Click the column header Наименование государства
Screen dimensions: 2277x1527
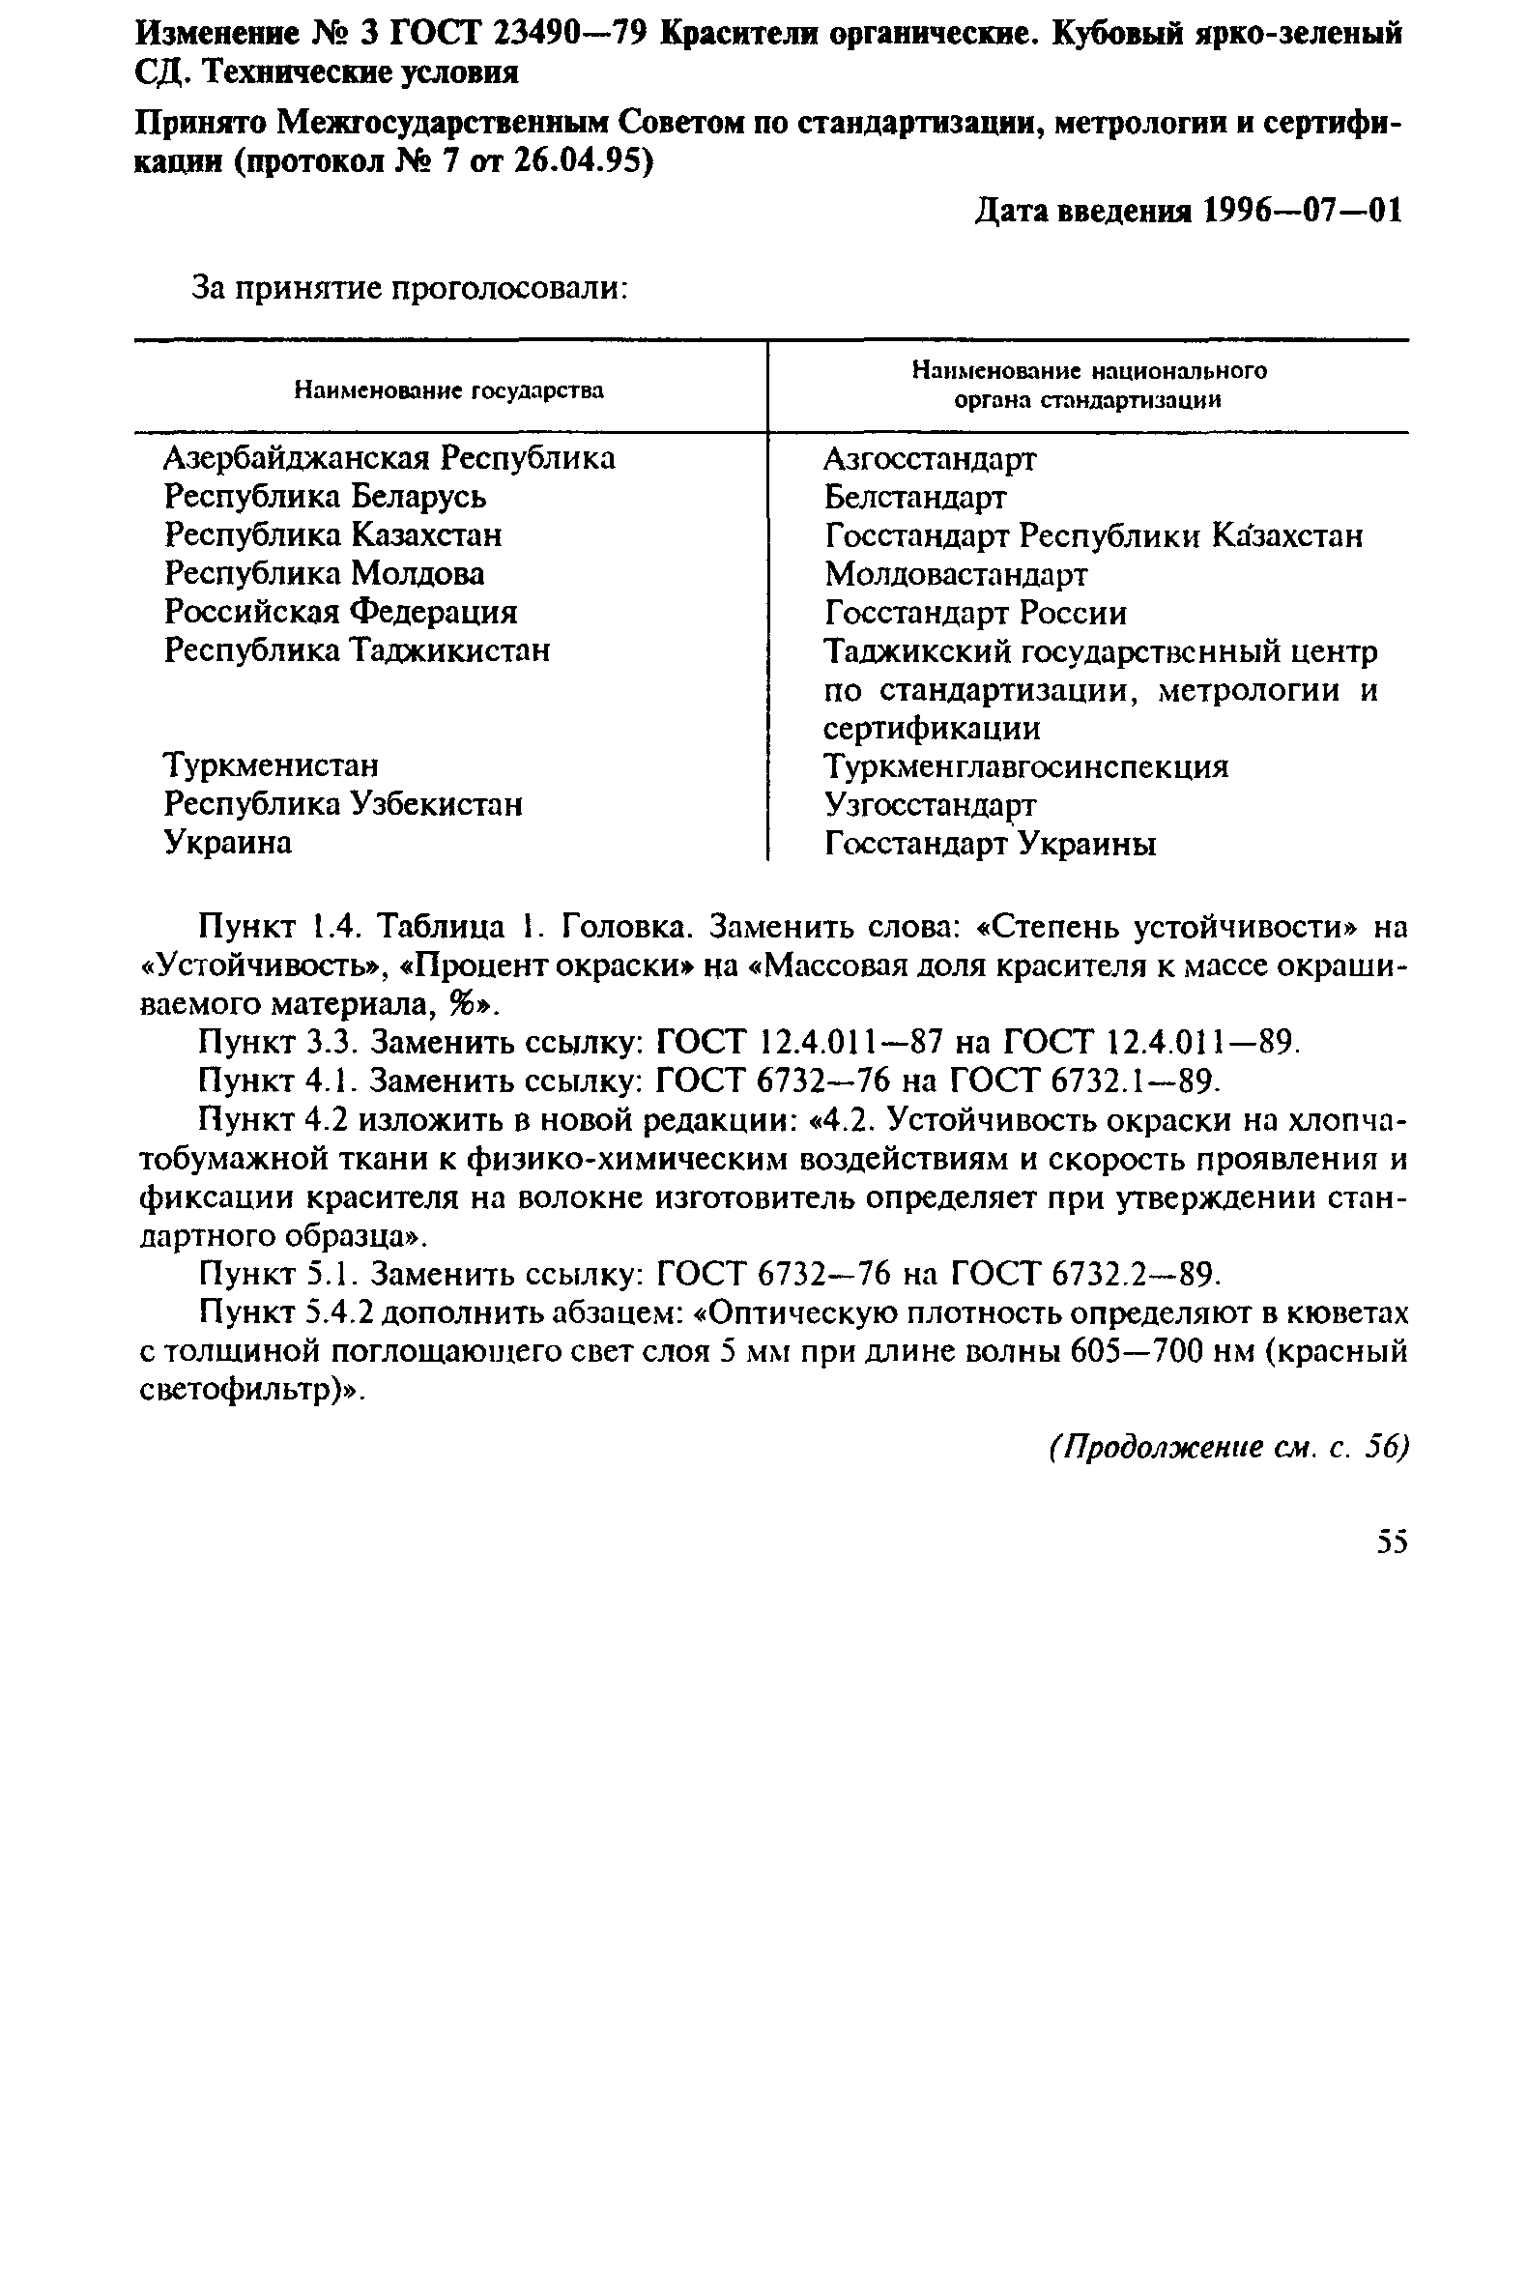point(449,391)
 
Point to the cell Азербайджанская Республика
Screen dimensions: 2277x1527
point(389,458)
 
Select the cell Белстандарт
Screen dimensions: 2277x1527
point(914,498)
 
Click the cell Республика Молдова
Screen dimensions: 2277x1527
point(324,574)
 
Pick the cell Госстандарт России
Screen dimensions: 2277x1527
point(975,613)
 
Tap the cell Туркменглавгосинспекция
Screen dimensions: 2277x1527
point(1025,767)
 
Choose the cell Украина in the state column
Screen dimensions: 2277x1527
point(228,843)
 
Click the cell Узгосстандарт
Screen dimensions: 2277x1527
point(930,805)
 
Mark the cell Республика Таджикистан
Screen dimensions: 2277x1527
point(357,650)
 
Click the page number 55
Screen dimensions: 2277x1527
point(1393,1542)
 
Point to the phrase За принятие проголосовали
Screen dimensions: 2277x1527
point(408,289)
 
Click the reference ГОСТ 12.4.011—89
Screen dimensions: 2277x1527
point(1150,1043)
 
